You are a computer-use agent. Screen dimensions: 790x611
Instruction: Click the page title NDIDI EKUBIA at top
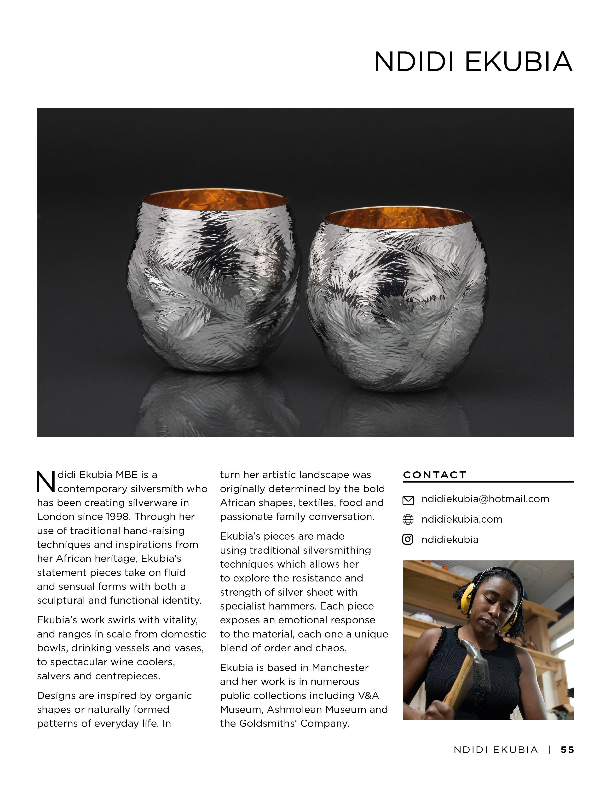[473, 62]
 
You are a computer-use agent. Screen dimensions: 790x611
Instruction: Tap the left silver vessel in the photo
[213, 286]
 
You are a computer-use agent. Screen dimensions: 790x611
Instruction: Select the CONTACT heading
[435, 475]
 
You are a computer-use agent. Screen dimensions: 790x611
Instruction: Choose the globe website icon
[408, 519]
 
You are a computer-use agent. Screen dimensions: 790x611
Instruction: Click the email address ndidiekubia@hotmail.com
[485, 499]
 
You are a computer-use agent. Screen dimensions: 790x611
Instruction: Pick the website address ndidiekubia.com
[461, 519]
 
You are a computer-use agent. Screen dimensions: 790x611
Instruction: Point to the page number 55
[567, 750]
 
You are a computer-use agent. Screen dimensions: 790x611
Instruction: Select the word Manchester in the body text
[340, 667]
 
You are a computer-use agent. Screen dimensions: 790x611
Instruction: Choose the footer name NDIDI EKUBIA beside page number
[496, 750]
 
